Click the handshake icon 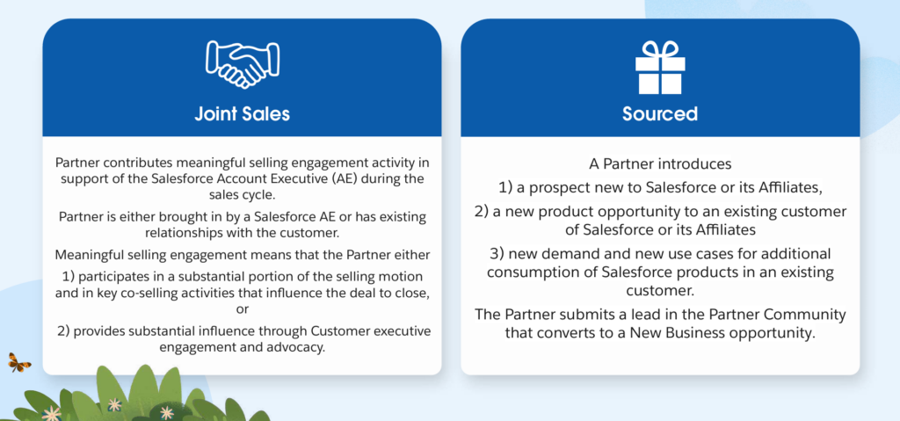click(243, 63)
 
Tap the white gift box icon click(660, 67)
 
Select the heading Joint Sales click(243, 113)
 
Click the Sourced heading click(660, 113)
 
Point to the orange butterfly click(19, 362)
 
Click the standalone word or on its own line click(243, 310)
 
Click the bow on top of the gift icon click(660, 47)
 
